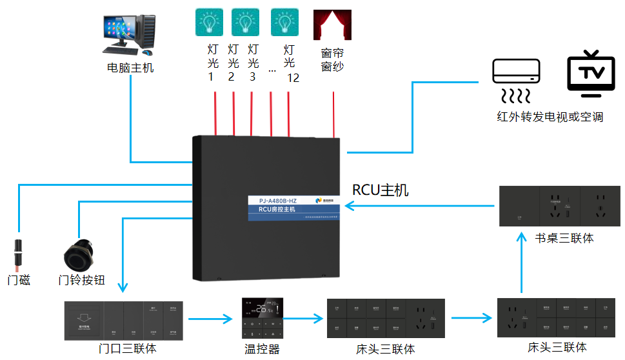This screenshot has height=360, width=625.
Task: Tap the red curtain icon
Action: pos(332,25)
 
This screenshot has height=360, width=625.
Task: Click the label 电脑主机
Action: pos(130,67)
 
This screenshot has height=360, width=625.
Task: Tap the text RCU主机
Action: pos(381,190)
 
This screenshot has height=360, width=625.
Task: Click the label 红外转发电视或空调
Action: pos(550,117)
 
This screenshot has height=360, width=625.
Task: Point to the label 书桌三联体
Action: pos(564,238)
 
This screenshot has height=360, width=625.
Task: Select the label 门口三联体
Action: pos(126,349)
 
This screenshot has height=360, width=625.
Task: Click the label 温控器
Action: pos(263,349)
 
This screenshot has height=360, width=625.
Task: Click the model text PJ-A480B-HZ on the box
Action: pos(274,201)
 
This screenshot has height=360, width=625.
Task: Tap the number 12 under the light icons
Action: pos(293,78)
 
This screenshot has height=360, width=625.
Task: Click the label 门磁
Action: pos(19,281)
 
